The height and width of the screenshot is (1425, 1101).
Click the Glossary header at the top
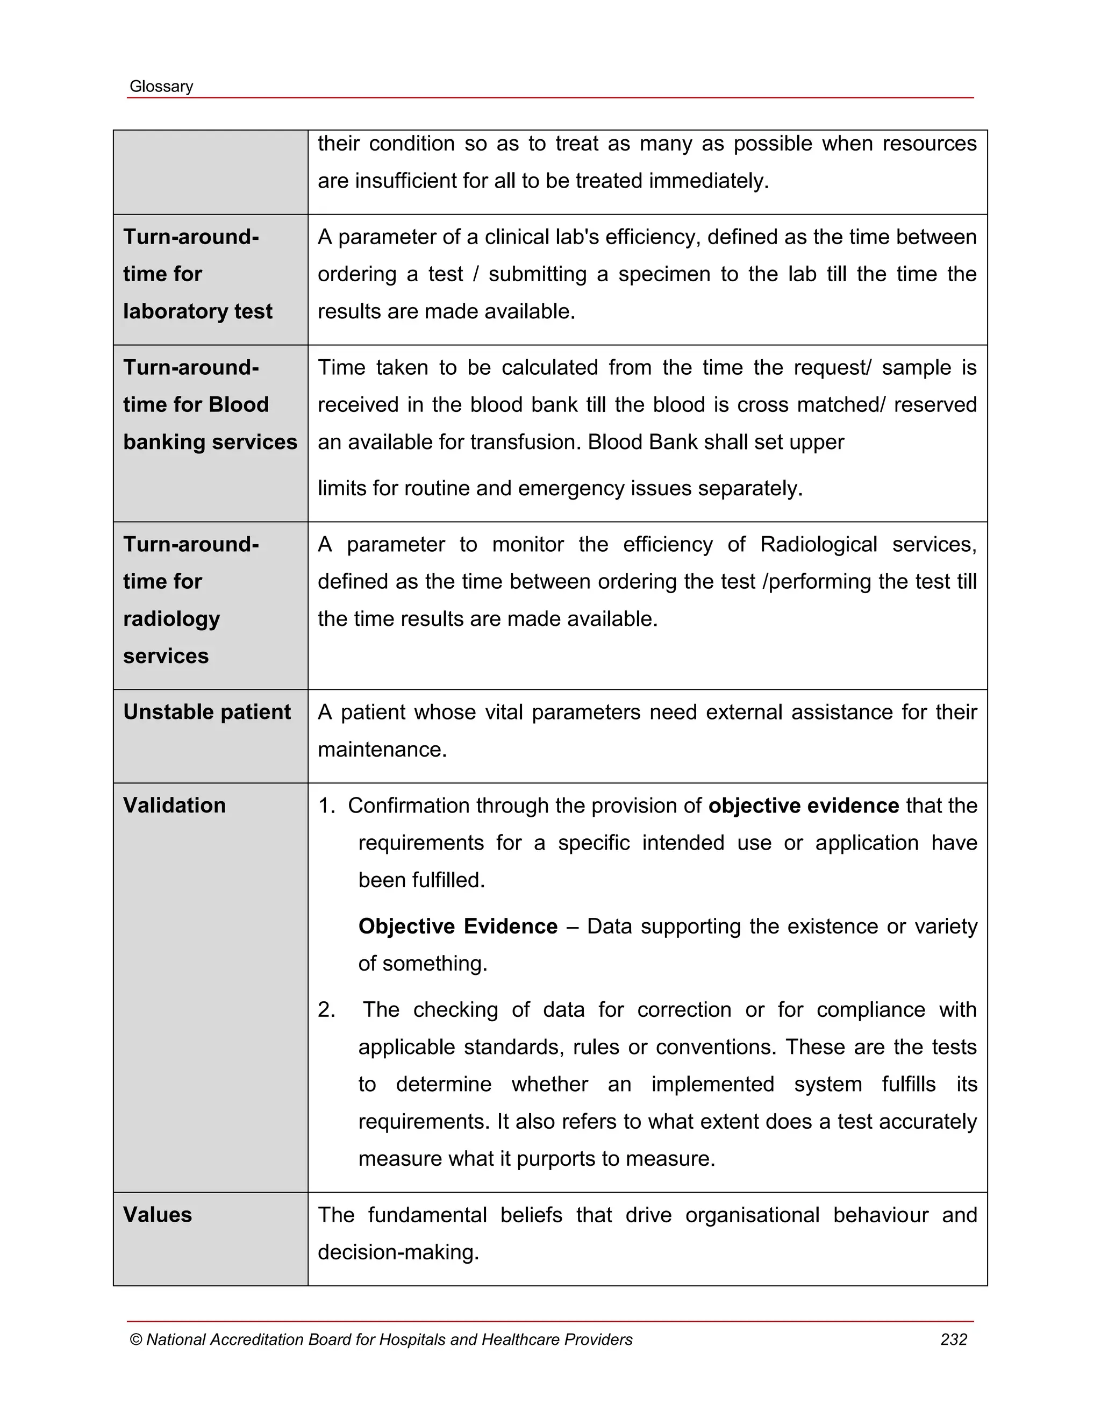(x=161, y=86)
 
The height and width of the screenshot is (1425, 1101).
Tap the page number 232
(x=953, y=1339)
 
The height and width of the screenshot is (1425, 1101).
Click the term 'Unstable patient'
(x=207, y=712)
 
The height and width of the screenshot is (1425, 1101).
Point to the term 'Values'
(x=157, y=1215)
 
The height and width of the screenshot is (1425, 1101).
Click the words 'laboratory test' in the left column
(x=198, y=311)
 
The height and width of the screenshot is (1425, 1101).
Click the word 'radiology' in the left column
(x=171, y=618)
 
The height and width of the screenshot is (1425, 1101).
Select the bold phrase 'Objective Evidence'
(x=458, y=927)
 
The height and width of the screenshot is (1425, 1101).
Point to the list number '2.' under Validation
(x=326, y=1010)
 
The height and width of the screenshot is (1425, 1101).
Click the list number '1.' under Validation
(x=326, y=806)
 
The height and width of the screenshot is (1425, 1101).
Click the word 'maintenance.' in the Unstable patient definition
(x=382, y=750)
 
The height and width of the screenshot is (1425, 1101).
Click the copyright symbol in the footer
(x=135, y=1339)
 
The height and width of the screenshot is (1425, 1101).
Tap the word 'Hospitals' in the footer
(x=412, y=1339)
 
